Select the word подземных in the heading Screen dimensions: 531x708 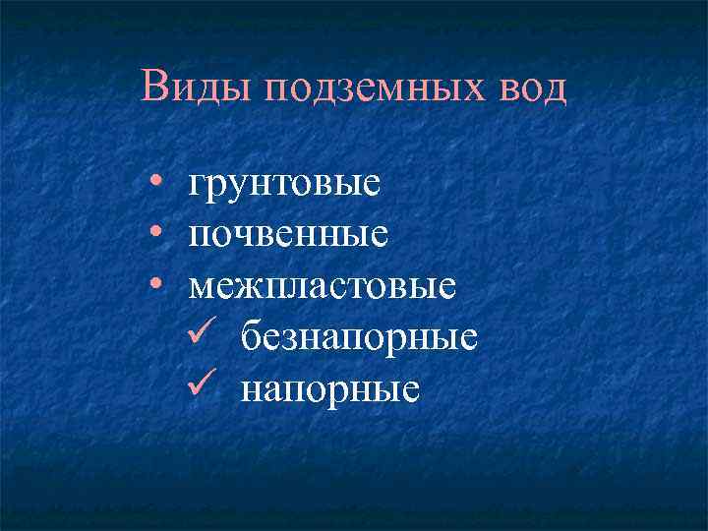coord(370,88)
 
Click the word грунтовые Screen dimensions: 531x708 coord(284,183)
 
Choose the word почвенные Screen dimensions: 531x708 coord(288,235)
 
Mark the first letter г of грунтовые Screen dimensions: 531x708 coord(198,184)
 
